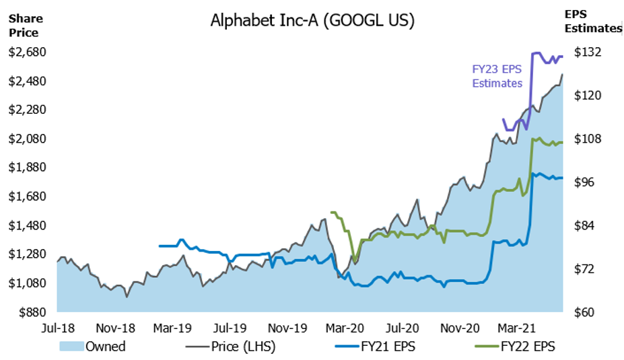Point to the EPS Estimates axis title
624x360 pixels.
click(x=593, y=22)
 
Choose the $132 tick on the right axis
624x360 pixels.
click(x=586, y=52)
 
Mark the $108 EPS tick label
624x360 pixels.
click(x=586, y=139)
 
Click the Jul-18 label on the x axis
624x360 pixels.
click(x=57, y=329)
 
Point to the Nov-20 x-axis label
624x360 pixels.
click(x=459, y=329)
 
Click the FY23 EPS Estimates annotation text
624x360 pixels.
click(x=497, y=75)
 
